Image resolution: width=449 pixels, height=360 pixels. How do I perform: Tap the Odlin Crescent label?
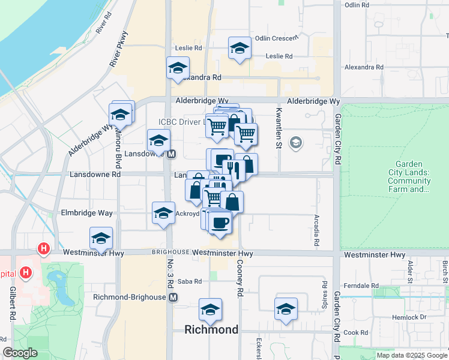pos(276,38)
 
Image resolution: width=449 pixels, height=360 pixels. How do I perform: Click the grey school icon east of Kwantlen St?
pos(295,143)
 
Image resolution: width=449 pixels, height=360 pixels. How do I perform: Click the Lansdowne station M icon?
pos(171,154)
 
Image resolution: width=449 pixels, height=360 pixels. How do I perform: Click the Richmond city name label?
pos(211,329)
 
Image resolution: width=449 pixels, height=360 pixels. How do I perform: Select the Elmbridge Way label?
pos(86,213)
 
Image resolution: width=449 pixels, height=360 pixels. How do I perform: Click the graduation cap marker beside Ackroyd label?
pos(163,214)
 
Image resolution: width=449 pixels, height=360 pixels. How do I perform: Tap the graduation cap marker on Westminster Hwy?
pos(101,238)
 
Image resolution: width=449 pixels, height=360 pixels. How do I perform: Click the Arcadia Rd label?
pos(316,231)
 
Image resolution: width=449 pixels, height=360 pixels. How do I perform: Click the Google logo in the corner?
pos(20,353)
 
